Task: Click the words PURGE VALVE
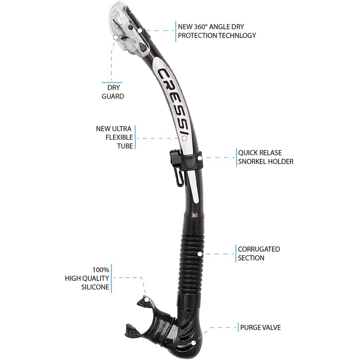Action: pyautogui.click(x=261, y=327)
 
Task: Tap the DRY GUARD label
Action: pyautogui.click(x=113, y=92)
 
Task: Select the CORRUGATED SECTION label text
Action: pyautogui.click(x=259, y=253)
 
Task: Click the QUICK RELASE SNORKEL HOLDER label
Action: pyautogui.click(x=266, y=157)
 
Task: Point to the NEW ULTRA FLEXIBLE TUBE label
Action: pyautogui.click(x=114, y=137)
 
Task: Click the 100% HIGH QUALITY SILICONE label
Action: pyautogui.click(x=87, y=278)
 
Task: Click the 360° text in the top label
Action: pyautogui.click(x=201, y=27)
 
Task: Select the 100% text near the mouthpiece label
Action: pyautogui.click(x=101, y=270)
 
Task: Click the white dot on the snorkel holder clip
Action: pyautogui.click(x=200, y=158)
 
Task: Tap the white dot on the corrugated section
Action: pyautogui.click(x=200, y=254)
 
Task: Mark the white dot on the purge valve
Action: pyautogui.click(x=194, y=343)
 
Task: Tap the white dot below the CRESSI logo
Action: pyautogui.click(x=184, y=139)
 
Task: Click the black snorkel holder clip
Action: pyautogui.click(x=186, y=160)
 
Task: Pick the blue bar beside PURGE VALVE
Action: pyautogui.click(x=238, y=327)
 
